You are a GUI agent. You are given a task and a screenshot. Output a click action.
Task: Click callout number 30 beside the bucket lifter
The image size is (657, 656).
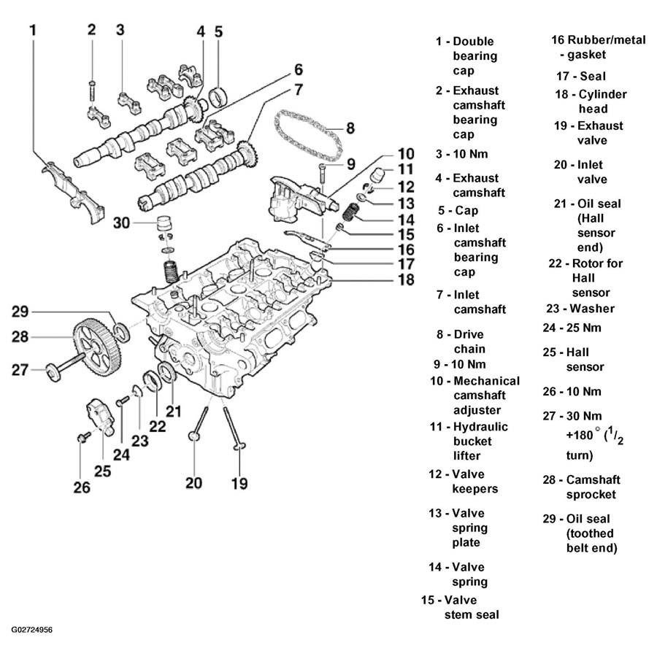pos(121,223)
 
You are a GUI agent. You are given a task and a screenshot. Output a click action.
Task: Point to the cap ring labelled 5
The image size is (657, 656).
pos(219,97)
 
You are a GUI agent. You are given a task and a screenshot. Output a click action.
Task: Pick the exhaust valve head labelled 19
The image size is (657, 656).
pos(239,446)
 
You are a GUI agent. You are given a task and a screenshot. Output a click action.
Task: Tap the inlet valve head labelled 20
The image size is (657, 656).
pos(194,436)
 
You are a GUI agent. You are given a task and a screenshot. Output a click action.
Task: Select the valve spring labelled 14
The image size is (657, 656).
pos(350,212)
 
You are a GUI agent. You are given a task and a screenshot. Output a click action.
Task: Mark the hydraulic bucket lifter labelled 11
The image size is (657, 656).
pos(377,175)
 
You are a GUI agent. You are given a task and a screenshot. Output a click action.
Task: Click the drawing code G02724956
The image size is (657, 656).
pos(32,630)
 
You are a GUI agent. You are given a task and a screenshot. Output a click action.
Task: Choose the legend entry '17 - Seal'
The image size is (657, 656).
pos(581,76)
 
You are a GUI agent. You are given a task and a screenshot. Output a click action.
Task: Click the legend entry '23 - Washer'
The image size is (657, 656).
pos(580,309)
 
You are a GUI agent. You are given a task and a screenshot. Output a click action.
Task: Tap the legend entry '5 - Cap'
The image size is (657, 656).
pos(458,210)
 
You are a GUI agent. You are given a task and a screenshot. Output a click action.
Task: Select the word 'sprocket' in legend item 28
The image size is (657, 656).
pos(591,495)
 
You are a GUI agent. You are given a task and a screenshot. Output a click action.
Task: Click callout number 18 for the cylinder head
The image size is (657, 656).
pos(406,279)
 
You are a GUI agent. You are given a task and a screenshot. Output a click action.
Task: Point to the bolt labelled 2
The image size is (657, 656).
pos(92,90)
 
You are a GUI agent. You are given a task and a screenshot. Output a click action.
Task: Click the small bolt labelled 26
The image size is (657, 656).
pos(84,437)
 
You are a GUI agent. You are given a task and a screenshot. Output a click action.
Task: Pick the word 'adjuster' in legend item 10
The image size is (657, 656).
pos(477,410)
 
